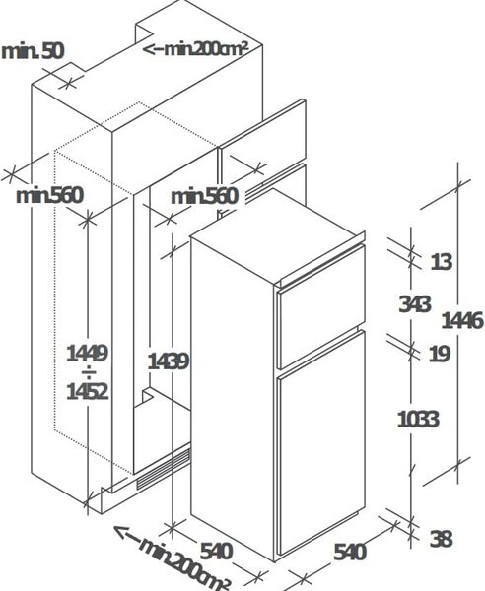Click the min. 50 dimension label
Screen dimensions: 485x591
tap(33, 51)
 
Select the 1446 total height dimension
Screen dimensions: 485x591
tap(462, 321)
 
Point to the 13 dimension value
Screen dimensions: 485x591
tap(442, 262)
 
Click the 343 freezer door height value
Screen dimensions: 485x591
tap(414, 303)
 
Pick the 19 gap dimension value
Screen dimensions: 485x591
tap(440, 354)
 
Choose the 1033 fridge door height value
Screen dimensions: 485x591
tap(419, 419)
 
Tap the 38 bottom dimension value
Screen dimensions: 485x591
tap(442, 539)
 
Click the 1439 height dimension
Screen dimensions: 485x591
tap(168, 361)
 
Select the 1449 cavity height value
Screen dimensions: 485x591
tap(88, 354)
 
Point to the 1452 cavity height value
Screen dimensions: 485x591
tap(88, 391)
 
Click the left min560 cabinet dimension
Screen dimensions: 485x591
tap(49, 196)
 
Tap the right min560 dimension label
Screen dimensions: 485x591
tap(205, 196)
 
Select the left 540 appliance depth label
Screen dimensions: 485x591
tap(216, 552)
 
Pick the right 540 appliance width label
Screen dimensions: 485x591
tap(350, 553)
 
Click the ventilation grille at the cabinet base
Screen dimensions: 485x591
tap(163, 469)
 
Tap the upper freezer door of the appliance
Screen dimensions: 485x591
tap(321, 306)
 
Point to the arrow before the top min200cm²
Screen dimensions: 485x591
tap(154, 49)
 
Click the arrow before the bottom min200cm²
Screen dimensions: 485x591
tap(127, 534)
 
